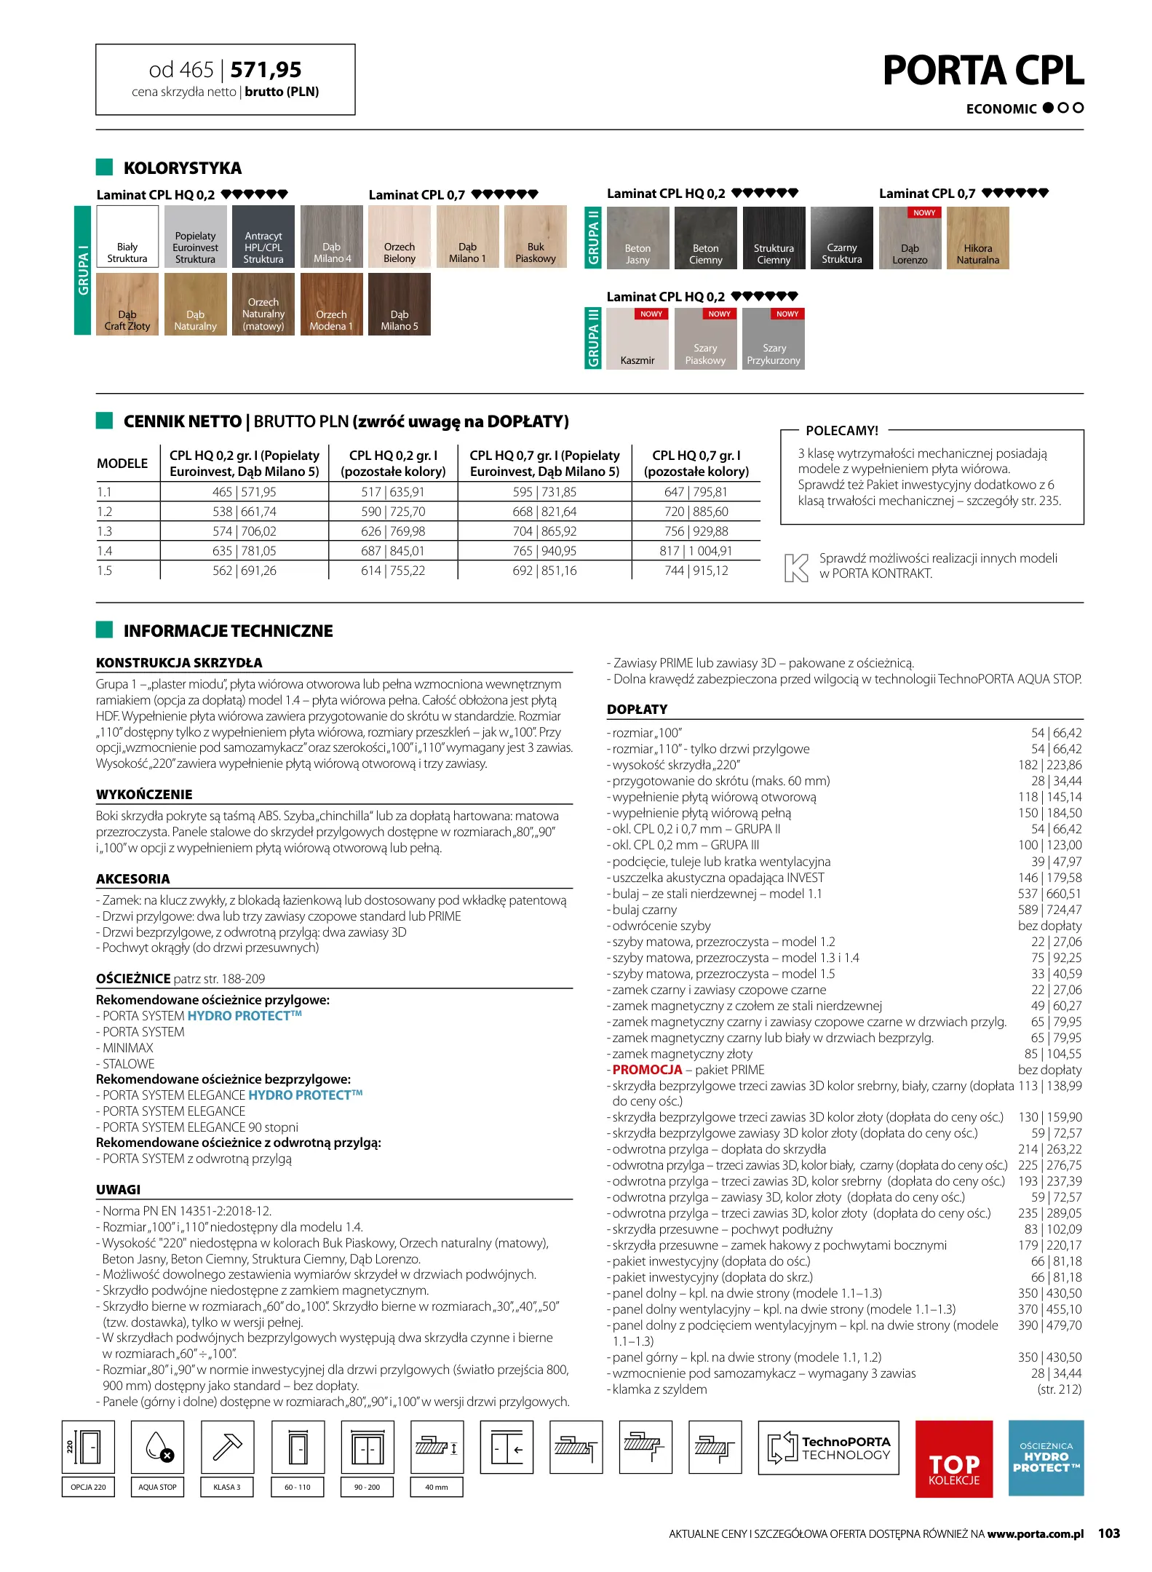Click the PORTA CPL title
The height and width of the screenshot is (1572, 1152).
[982, 71]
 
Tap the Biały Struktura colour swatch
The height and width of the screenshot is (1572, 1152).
[127, 237]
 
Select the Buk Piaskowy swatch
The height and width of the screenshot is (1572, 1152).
[535, 237]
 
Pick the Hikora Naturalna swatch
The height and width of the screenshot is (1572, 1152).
[977, 239]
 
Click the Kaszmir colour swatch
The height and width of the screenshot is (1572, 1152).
[637, 340]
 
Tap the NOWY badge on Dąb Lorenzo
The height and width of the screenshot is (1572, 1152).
[924, 213]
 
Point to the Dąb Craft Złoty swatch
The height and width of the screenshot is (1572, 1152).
[127, 304]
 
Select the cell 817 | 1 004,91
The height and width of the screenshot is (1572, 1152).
[696, 551]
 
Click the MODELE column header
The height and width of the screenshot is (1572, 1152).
[122, 464]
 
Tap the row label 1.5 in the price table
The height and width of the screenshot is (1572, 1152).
[105, 571]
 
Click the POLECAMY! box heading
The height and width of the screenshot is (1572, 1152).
[842, 431]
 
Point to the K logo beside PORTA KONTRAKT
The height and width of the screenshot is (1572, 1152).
[796, 567]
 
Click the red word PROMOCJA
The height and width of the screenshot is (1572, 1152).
[647, 1070]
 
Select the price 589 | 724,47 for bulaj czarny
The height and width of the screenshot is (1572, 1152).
[1049, 910]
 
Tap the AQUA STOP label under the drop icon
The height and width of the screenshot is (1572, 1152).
[157, 1487]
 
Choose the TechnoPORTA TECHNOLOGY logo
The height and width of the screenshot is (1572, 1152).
[828, 1448]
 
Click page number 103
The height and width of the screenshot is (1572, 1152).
[1108, 1533]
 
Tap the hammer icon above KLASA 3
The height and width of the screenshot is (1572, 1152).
[227, 1446]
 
